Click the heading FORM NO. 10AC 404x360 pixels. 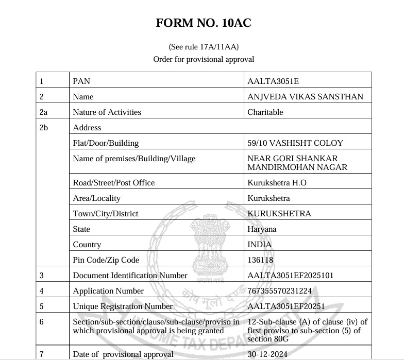point(204,23)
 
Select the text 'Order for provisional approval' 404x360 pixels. point(204,59)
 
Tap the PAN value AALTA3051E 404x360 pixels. point(273,81)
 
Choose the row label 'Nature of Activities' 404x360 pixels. point(107,112)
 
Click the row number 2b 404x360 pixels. point(43,127)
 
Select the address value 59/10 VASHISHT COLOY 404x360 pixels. point(295,143)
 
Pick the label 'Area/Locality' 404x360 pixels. point(96,198)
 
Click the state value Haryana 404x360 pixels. point(262,229)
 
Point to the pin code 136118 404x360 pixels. point(260,260)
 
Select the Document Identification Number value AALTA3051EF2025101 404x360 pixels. point(291,275)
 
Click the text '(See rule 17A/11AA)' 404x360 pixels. point(204,46)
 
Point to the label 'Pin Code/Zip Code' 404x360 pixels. point(106,260)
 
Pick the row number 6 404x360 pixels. point(42,321)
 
